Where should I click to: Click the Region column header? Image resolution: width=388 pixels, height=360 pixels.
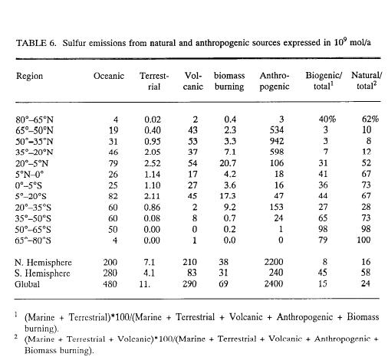point(29,77)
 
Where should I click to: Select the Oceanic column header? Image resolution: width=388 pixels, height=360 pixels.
point(109,76)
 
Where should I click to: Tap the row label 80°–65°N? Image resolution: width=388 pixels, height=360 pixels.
point(35,119)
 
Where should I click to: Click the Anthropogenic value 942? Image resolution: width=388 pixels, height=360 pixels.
point(277,141)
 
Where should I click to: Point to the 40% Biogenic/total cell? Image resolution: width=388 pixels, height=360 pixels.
point(327,119)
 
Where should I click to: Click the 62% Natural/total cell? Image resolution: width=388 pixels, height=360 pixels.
point(370,119)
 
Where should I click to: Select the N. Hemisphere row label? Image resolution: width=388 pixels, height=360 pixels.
point(43,263)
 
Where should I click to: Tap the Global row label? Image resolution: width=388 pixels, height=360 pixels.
point(27,284)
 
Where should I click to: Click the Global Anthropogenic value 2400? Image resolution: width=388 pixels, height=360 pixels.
point(274,283)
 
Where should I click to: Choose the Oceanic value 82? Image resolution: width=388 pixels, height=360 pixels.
point(113,196)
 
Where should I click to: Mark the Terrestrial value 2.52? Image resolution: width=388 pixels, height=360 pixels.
point(153,163)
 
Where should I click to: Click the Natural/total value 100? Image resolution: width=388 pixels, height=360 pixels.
point(363,240)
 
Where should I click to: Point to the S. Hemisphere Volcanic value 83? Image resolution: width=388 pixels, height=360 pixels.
point(192,273)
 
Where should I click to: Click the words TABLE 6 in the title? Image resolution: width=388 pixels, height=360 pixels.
point(36,43)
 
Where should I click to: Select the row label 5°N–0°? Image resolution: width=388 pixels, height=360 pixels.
point(29,175)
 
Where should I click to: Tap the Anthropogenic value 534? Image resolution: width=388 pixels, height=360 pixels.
point(277,130)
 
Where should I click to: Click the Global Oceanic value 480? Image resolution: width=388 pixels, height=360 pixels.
point(110,284)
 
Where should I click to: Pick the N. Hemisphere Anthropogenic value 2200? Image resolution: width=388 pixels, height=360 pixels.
point(274,262)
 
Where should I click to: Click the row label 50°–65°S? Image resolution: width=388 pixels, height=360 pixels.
point(33,230)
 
